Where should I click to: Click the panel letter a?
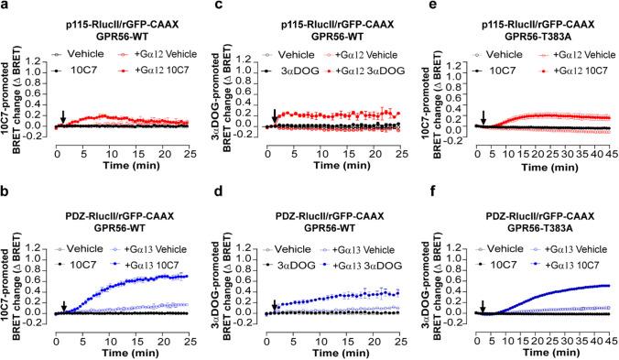5,6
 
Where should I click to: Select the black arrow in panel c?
275,115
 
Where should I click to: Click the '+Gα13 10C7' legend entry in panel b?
152,236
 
